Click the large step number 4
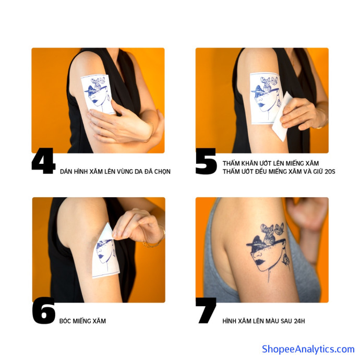coord(43,161)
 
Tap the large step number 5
coord(206,161)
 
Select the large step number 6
coord(44,310)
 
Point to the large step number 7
coord(207,310)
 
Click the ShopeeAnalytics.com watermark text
coord(308,349)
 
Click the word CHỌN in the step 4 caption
coord(162,172)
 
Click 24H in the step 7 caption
coord(299,321)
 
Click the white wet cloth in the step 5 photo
coord(282,117)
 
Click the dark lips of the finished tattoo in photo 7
coord(259,262)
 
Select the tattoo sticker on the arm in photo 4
coord(98,94)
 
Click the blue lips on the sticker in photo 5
coord(260,105)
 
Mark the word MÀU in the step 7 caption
coord(274,321)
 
